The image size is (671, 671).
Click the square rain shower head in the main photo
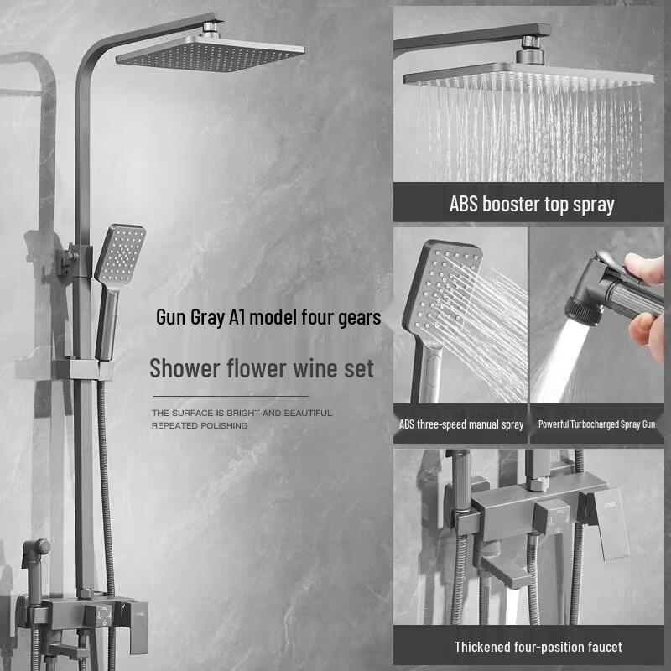tap(210, 57)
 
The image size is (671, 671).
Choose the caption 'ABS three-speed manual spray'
tap(461, 424)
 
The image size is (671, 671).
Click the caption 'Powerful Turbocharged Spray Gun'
tap(596, 424)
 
